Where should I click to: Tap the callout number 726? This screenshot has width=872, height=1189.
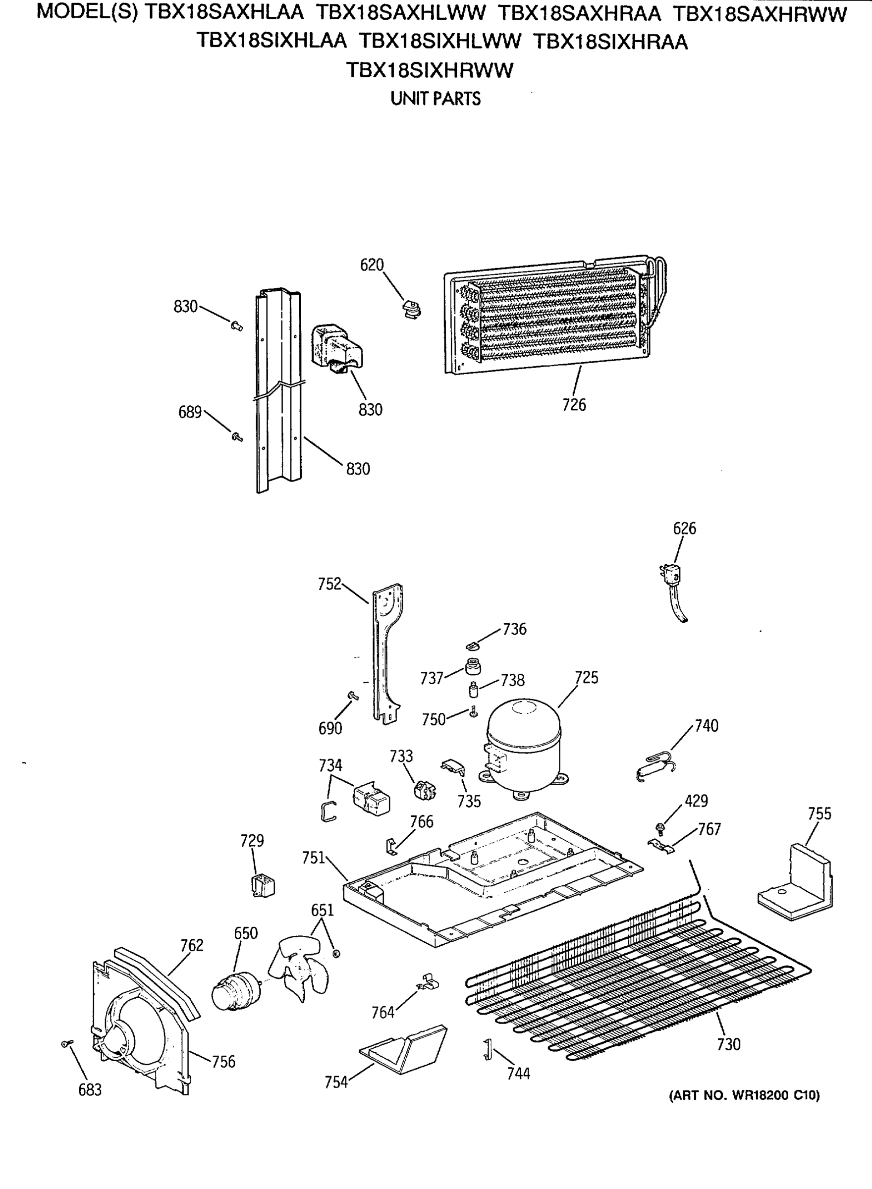[574, 405]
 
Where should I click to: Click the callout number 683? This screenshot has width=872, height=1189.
[90, 1089]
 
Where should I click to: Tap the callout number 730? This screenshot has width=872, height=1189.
[728, 1044]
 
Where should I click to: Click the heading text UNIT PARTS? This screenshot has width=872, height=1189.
[436, 99]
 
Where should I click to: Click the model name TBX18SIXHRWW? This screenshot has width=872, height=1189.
[429, 70]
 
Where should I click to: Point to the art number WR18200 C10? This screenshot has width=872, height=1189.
[744, 1095]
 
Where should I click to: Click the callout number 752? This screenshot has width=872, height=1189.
[329, 584]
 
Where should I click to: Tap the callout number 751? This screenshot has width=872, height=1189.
[313, 858]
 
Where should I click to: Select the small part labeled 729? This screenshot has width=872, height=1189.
[263, 885]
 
